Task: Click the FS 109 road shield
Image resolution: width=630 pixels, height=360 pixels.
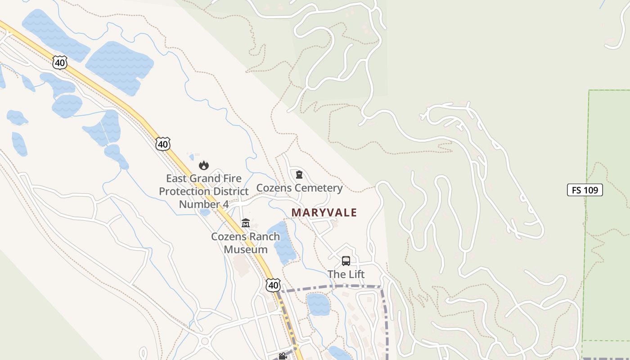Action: tap(585, 190)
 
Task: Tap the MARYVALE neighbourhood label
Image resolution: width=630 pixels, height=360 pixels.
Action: tap(324, 212)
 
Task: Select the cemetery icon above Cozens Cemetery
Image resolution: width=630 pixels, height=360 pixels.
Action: tap(299, 175)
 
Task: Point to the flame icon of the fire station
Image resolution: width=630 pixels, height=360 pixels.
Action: tap(204, 165)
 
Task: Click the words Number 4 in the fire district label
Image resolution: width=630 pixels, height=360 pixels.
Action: tap(204, 204)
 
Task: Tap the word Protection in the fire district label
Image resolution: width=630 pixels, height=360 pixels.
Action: tap(184, 191)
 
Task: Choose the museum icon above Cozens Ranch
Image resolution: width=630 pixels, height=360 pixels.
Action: tap(245, 223)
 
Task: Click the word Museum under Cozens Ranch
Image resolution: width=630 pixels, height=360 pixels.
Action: tap(246, 249)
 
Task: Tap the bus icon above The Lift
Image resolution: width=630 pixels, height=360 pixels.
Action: tap(346, 261)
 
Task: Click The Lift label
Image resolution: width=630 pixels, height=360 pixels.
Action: tap(346, 274)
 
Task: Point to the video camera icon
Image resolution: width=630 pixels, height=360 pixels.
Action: tap(283, 356)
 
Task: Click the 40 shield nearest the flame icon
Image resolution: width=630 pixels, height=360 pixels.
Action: tap(163, 144)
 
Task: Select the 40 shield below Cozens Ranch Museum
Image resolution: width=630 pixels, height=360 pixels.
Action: tap(273, 285)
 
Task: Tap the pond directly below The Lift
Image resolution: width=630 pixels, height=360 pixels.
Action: tap(318, 304)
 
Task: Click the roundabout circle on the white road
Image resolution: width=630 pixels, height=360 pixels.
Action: tap(205, 341)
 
